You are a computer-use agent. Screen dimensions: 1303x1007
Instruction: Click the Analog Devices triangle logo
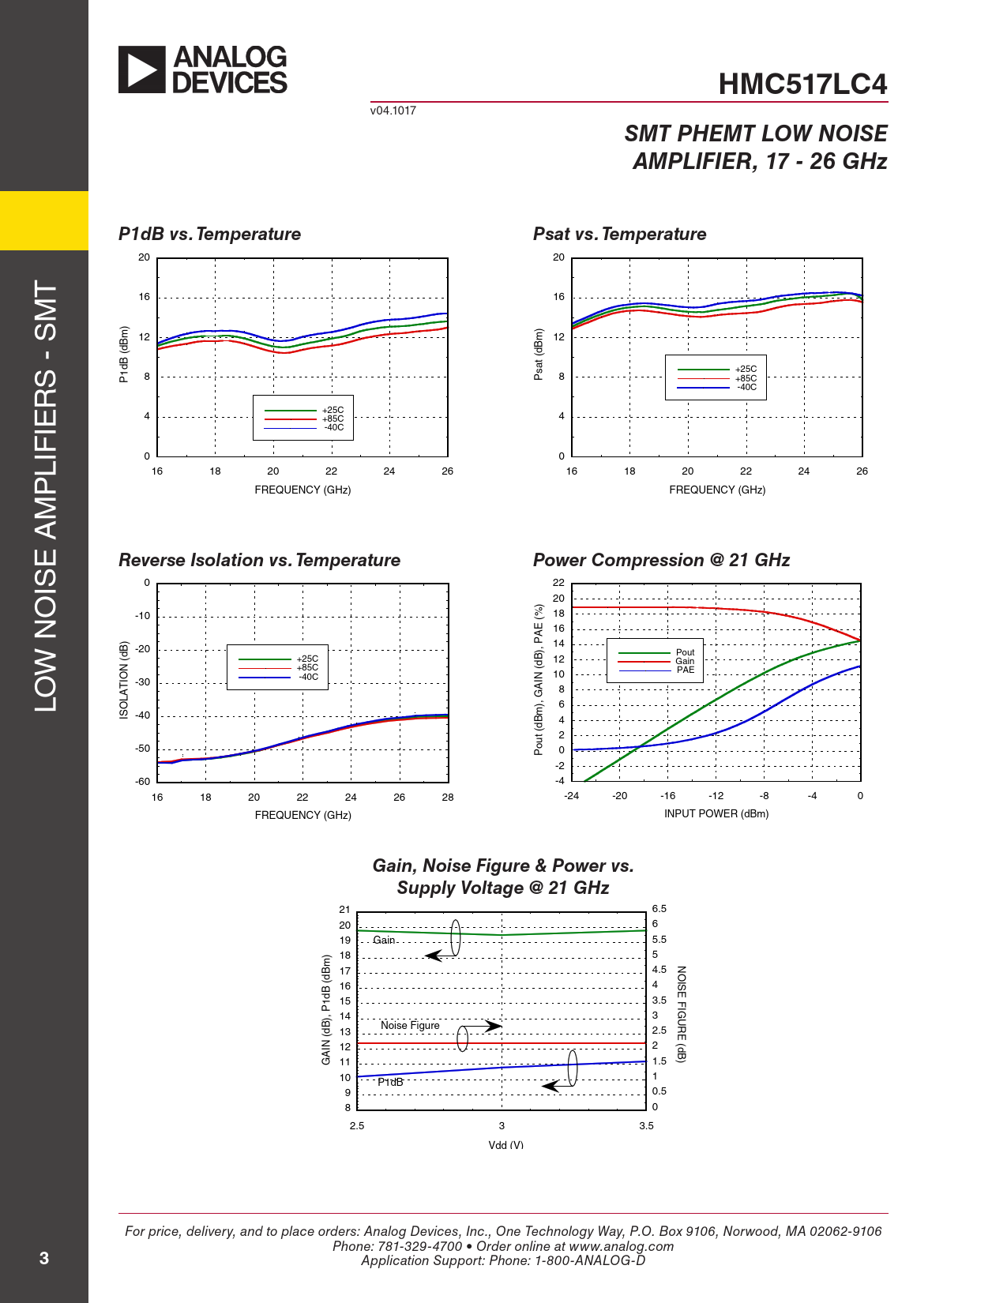(x=142, y=69)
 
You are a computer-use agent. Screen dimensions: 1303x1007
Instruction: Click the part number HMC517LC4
(x=802, y=84)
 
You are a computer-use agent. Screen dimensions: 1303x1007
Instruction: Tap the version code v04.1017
(x=393, y=111)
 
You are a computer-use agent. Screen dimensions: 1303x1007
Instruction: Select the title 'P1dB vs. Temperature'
(x=209, y=234)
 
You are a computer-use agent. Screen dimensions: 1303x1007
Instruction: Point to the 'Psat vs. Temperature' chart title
(x=619, y=234)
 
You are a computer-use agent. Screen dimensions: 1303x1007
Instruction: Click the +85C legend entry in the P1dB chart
(x=333, y=419)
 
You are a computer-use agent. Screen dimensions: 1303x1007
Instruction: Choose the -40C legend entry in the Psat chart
(x=746, y=387)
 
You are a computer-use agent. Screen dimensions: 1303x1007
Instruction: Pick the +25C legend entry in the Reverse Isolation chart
(x=307, y=659)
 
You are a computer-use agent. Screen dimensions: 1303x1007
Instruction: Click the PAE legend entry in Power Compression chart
(x=685, y=670)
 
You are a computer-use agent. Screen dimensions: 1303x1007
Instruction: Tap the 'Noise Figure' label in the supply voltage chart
(x=410, y=1025)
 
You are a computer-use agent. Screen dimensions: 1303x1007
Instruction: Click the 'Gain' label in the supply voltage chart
(x=384, y=940)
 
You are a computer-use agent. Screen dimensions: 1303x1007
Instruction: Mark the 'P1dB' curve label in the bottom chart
(x=390, y=1082)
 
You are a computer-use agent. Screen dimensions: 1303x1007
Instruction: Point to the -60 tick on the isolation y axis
(x=142, y=781)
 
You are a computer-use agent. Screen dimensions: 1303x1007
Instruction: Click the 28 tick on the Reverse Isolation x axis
(x=448, y=797)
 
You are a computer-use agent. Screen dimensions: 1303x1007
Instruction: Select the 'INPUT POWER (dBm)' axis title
(x=716, y=813)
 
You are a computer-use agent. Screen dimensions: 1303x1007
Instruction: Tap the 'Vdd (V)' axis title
(x=505, y=1144)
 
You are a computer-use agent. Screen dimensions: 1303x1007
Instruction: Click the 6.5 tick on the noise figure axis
(x=659, y=909)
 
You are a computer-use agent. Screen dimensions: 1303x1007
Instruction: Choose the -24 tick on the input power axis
(x=571, y=795)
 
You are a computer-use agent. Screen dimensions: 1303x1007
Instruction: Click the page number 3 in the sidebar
(x=44, y=1258)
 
